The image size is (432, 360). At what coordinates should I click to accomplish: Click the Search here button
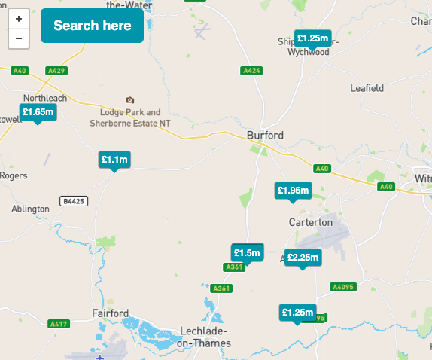(92, 26)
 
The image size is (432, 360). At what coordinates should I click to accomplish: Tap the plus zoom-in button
(18, 19)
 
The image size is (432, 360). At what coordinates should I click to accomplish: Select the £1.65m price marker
(38, 112)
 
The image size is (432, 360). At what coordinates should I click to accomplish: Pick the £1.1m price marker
(114, 160)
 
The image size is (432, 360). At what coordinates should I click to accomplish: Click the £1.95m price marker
(293, 191)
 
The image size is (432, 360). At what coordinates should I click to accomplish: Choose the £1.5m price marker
(247, 252)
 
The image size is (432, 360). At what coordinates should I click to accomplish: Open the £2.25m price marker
(303, 258)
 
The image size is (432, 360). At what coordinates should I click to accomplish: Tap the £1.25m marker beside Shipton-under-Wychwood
(312, 38)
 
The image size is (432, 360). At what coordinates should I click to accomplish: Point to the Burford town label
(265, 136)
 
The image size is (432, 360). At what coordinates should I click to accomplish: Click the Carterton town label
(310, 222)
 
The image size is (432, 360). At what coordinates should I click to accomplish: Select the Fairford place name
(110, 313)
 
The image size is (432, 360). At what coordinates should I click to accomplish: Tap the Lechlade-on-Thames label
(204, 337)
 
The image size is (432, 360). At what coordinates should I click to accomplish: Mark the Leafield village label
(367, 88)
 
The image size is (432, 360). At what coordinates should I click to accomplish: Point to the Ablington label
(30, 209)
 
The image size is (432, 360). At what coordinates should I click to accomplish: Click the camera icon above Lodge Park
(130, 100)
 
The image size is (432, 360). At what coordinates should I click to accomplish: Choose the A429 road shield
(56, 71)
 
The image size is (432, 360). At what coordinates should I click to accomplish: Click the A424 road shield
(251, 71)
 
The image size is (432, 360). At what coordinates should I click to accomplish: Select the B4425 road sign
(74, 201)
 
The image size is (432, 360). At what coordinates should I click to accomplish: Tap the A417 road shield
(58, 324)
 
